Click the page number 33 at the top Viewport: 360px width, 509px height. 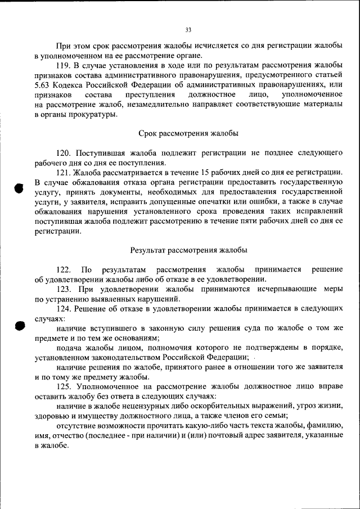click(188, 30)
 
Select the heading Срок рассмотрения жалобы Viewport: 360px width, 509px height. click(188, 133)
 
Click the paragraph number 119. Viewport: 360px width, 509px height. click(65, 66)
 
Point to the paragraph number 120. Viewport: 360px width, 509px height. click(65, 153)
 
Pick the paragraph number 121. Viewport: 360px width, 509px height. click(65, 172)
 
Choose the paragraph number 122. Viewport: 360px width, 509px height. click(65, 269)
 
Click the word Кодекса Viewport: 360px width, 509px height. click(71, 85)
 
